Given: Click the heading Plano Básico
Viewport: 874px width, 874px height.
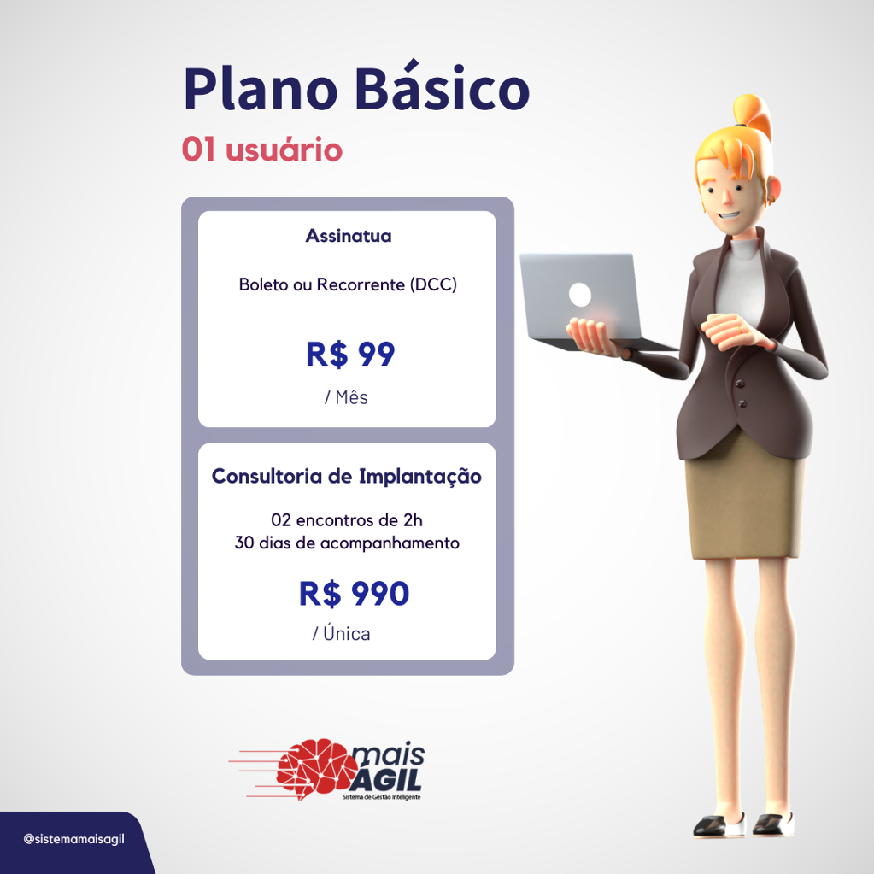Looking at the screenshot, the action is (x=357, y=88).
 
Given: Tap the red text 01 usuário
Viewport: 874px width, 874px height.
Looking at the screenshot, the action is (x=262, y=150).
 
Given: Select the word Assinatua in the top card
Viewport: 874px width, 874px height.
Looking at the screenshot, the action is (x=349, y=236).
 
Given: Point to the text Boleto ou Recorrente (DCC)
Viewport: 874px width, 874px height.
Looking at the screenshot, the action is (x=348, y=284).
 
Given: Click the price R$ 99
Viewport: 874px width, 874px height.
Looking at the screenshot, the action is (x=350, y=354).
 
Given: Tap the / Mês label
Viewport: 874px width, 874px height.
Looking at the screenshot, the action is (x=346, y=397).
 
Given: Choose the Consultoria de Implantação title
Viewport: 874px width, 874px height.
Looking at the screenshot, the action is (x=347, y=477).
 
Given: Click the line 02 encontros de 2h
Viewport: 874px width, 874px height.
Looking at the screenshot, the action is (x=347, y=520).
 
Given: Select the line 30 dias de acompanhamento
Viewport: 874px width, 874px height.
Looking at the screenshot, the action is (x=347, y=543).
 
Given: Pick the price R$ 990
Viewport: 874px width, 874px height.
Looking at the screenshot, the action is (x=354, y=593).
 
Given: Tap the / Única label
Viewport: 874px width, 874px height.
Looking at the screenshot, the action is (x=341, y=633).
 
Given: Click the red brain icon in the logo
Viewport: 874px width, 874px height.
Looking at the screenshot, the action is (x=317, y=767).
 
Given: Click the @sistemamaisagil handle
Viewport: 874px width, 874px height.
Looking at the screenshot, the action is (x=73, y=839).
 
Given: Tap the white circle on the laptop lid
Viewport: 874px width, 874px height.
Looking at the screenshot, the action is (x=580, y=294).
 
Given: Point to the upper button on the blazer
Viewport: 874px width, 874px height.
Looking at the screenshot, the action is (x=740, y=384).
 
